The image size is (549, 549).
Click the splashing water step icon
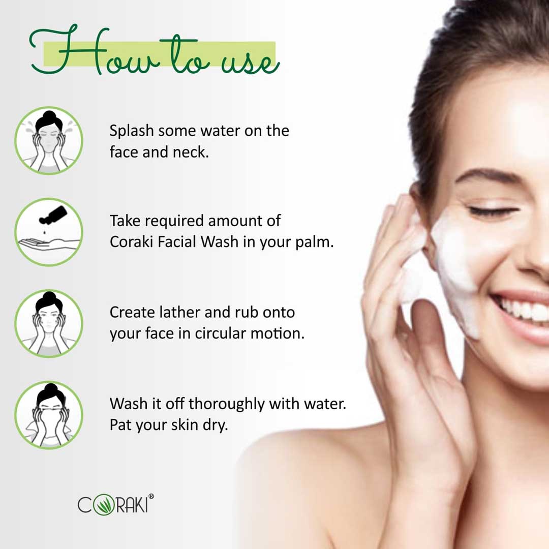[x=49, y=140]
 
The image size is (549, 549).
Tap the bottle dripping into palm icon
[x=49, y=232]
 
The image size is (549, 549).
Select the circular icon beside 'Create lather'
[x=49, y=323]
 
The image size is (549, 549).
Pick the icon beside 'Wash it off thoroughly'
[x=49, y=415]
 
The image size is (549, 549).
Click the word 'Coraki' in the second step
[x=131, y=241]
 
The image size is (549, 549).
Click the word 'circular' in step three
[x=221, y=333]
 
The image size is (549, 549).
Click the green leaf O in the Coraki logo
[x=104, y=504]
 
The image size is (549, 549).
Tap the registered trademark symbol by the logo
[x=151, y=496]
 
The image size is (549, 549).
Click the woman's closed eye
[x=493, y=211]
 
